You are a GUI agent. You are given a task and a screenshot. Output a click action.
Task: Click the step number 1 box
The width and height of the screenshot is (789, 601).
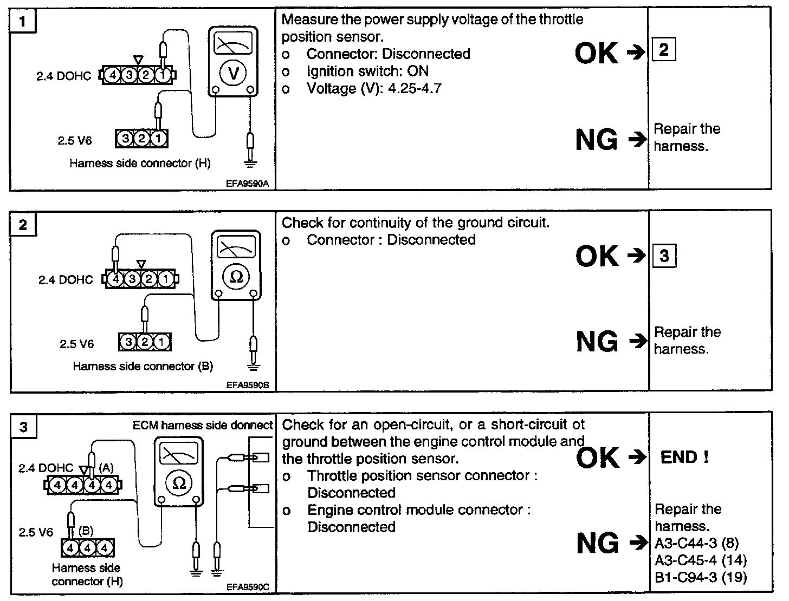coord(22,22)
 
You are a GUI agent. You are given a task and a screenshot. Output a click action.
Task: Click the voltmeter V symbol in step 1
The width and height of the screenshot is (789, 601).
coord(234,73)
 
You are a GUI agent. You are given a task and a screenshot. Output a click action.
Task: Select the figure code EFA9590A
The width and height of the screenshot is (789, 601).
coord(247,184)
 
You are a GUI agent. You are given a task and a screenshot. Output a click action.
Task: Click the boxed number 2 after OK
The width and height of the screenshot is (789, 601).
coord(664,50)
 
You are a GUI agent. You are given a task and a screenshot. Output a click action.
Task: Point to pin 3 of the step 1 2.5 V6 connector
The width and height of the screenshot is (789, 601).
coord(125,140)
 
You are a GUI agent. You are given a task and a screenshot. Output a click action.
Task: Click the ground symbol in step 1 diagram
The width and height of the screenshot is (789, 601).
coord(249,162)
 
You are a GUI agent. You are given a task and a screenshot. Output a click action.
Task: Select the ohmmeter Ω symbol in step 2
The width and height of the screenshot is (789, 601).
coord(236,277)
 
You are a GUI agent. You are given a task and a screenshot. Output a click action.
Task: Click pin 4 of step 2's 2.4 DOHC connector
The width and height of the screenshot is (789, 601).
coord(115,280)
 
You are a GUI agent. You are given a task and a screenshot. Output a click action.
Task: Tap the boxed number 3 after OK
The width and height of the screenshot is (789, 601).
coord(664,255)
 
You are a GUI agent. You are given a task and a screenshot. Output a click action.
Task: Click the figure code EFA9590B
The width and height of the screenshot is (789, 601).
coord(248,386)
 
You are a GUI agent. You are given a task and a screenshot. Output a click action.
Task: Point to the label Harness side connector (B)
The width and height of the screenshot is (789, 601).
coord(143,367)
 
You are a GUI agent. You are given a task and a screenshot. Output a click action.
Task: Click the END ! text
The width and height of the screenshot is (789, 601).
coord(684,458)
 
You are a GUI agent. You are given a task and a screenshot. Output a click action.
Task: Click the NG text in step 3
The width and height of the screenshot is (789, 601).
coord(597,543)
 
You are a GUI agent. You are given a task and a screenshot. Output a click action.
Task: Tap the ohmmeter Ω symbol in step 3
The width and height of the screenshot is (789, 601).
coord(179,483)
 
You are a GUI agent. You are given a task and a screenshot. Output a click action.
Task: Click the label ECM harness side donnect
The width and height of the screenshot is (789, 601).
coord(203,426)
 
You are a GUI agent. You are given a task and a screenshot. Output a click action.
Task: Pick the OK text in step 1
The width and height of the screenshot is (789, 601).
coord(596,53)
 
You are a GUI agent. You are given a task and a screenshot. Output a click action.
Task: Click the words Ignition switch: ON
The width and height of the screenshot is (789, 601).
coord(367,71)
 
